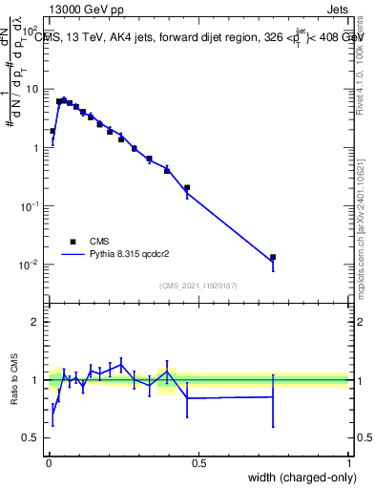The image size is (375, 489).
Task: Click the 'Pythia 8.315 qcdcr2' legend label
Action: [129, 255]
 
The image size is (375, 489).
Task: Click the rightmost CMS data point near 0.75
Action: [273, 257]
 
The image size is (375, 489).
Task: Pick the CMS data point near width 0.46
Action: [187, 188]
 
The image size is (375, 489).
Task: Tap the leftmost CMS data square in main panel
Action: [52, 131]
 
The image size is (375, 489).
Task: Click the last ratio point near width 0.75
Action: [273, 396]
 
